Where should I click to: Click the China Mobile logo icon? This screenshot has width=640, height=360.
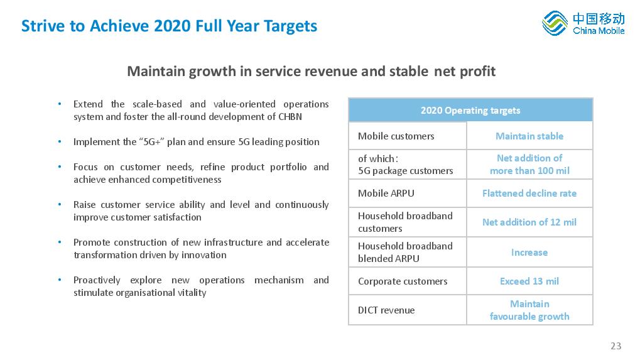(x=555, y=23)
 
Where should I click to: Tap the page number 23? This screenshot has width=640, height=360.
(x=616, y=346)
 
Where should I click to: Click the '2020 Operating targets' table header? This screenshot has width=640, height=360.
(x=470, y=111)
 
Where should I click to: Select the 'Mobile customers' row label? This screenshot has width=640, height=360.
(x=396, y=136)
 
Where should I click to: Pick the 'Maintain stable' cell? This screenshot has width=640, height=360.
(x=529, y=136)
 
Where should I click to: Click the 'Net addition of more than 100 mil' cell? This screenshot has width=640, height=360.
(x=529, y=164)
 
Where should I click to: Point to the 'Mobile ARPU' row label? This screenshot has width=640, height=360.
(x=386, y=193)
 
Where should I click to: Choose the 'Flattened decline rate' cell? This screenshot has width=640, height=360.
(x=529, y=193)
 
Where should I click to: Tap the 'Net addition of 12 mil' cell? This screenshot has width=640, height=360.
(x=529, y=222)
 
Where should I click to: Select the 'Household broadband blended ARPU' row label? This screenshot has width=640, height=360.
(x=405, y=252)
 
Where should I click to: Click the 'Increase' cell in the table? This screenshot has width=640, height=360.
(x=529, y=252)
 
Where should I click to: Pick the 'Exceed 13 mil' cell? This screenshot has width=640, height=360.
(x=529, y=281)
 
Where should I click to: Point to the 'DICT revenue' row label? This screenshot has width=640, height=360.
(x=386, y=310)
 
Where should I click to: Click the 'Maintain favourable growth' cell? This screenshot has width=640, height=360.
(x=529, y=310)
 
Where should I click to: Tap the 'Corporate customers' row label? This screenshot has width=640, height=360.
(x=403, y=281)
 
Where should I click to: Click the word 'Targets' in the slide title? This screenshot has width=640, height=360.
(x=290, y=26)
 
